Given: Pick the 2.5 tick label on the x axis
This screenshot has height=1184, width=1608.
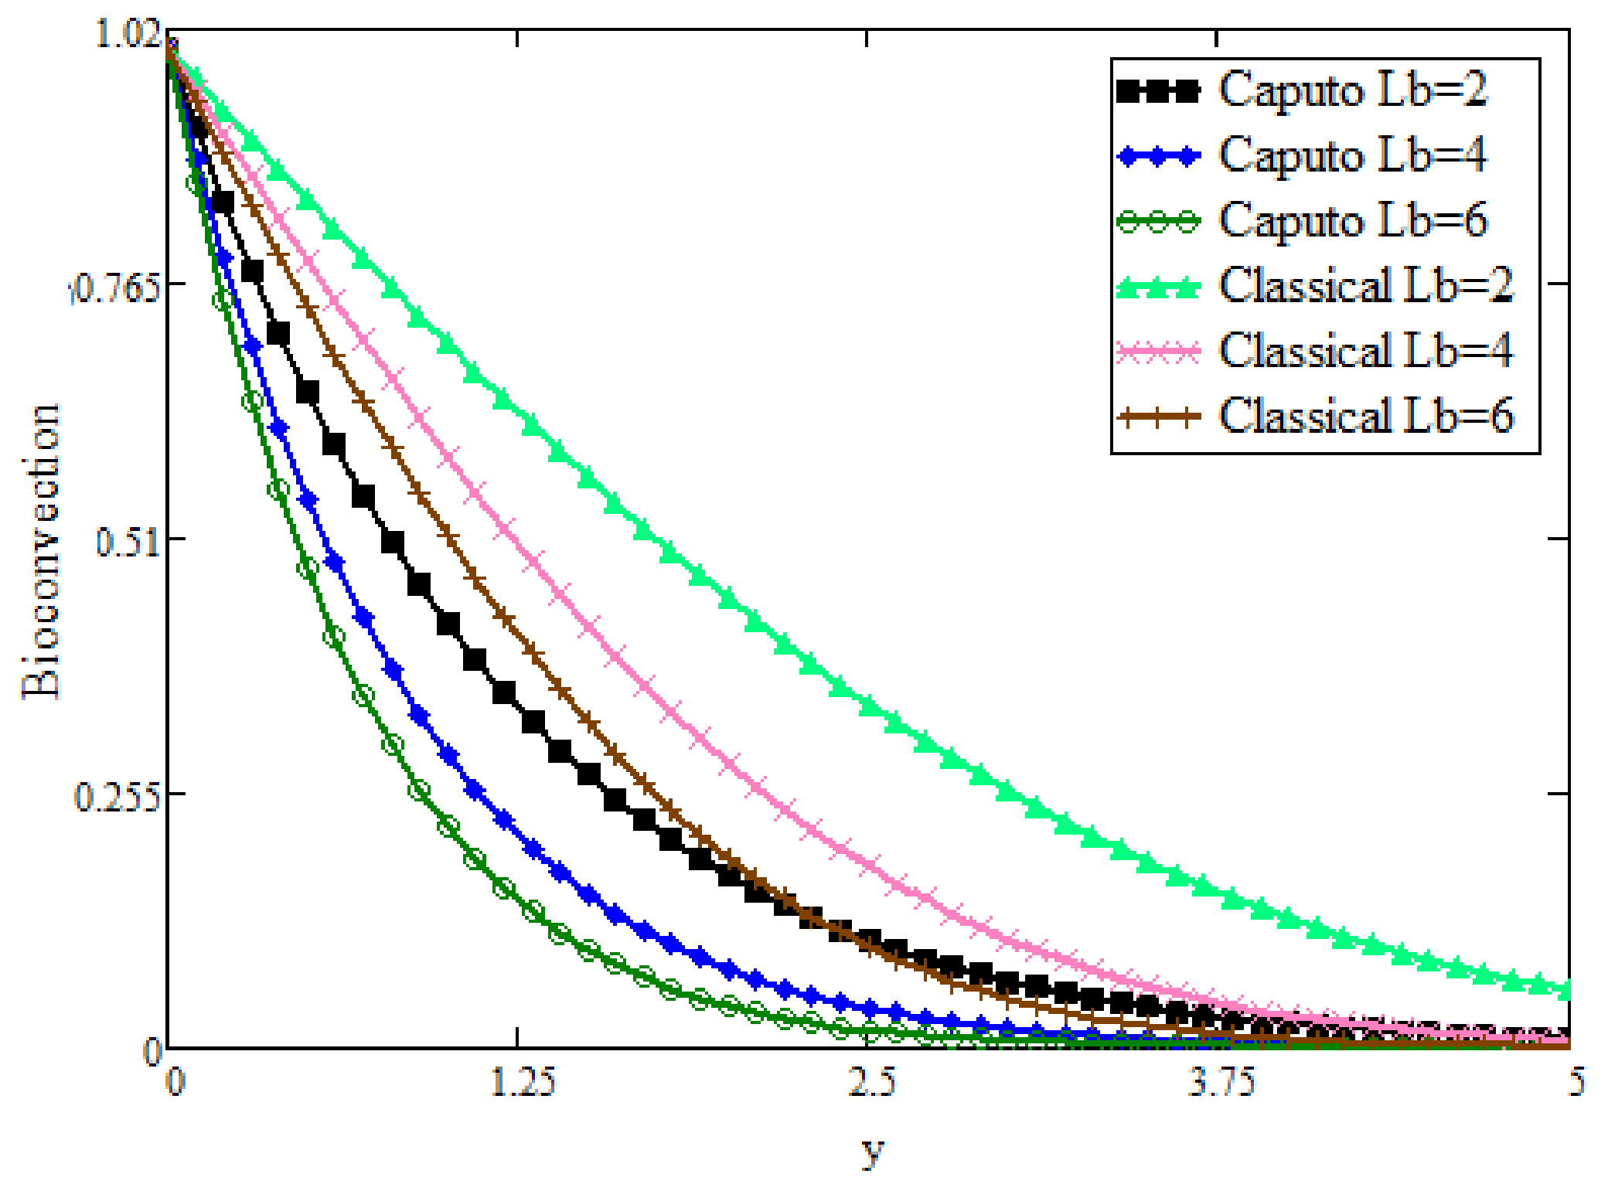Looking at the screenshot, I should pos(871,1082).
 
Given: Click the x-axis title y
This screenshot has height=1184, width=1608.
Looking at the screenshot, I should pos(872,1152).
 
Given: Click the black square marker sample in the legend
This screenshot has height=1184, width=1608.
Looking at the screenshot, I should pos(1158,91).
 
